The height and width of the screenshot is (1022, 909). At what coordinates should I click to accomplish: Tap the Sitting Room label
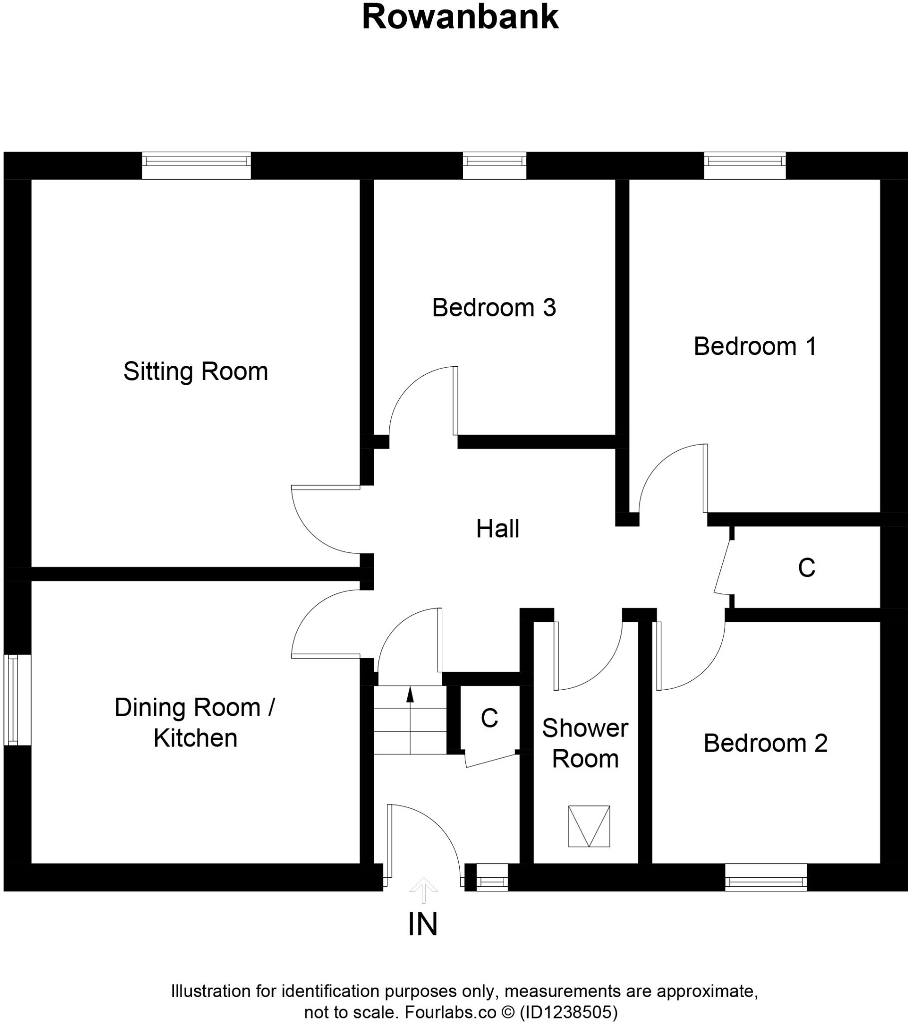pyautogui.click(x=196, y=371)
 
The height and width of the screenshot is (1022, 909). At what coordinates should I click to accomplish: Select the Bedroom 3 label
pyautogui.click(x=494, y=307)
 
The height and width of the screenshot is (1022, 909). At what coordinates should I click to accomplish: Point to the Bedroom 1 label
pyautogui.click(x=755, y=346)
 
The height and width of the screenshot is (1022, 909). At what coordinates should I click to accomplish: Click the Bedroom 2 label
pyautogui.click(x=765, y=744)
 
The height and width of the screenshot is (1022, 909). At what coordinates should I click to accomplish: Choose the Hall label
pyautogui.click(x=497, y=529)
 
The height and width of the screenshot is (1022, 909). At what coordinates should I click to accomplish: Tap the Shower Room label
pyautogui.click(x=585, y=744)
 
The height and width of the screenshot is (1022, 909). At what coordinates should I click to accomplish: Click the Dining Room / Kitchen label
pyautogui.click(x=195, y=723)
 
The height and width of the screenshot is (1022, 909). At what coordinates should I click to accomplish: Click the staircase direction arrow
pyautogui.click(x=410, y=695)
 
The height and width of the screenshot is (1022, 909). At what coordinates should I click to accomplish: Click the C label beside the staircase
pyautogui.click(x=489, y=719)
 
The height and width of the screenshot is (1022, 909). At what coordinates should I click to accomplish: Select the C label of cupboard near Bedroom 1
pyautogui.click(x=807, y=568)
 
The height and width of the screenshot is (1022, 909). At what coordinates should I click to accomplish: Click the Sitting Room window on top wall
pyautogui.click(x=196, y=165)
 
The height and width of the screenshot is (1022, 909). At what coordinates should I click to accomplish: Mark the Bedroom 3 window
pyautogui.click(x=494, y=165)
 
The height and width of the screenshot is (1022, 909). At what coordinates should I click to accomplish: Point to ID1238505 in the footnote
pyautogui.click(x=568, y=1013)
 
